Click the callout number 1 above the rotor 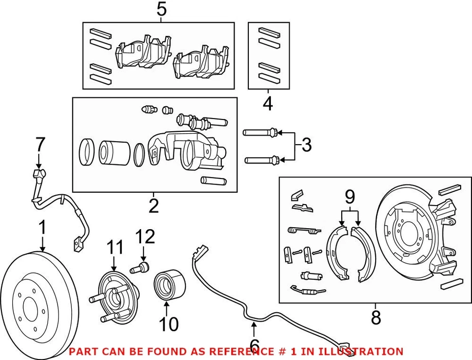point(43,227)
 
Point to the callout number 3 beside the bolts point(306,145)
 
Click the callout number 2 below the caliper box point(154,206)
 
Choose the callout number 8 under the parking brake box point(376,317)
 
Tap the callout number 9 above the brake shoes point(349,198)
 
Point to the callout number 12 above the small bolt point(146,237)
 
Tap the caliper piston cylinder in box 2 point(114,152)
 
